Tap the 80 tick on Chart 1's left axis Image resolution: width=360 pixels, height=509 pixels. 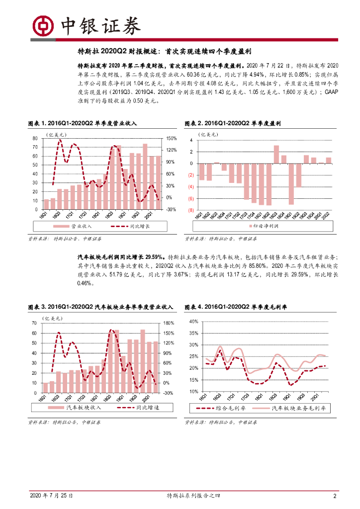click(35, 138)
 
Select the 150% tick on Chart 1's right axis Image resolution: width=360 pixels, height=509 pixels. click(171, 138)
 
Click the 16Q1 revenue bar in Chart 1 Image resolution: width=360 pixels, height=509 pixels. click(46, 204)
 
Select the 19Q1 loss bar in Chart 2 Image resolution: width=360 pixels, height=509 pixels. click(291, 184)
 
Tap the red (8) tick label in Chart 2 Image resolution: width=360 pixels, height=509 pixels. click(191, 210)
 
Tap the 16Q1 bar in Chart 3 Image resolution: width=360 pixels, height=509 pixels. click(46, 388)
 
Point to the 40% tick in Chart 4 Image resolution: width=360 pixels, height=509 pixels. click(194, 322)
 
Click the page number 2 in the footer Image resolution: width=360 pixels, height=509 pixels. click(335, 496)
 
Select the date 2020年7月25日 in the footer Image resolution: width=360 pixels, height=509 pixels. click(52, 496)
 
